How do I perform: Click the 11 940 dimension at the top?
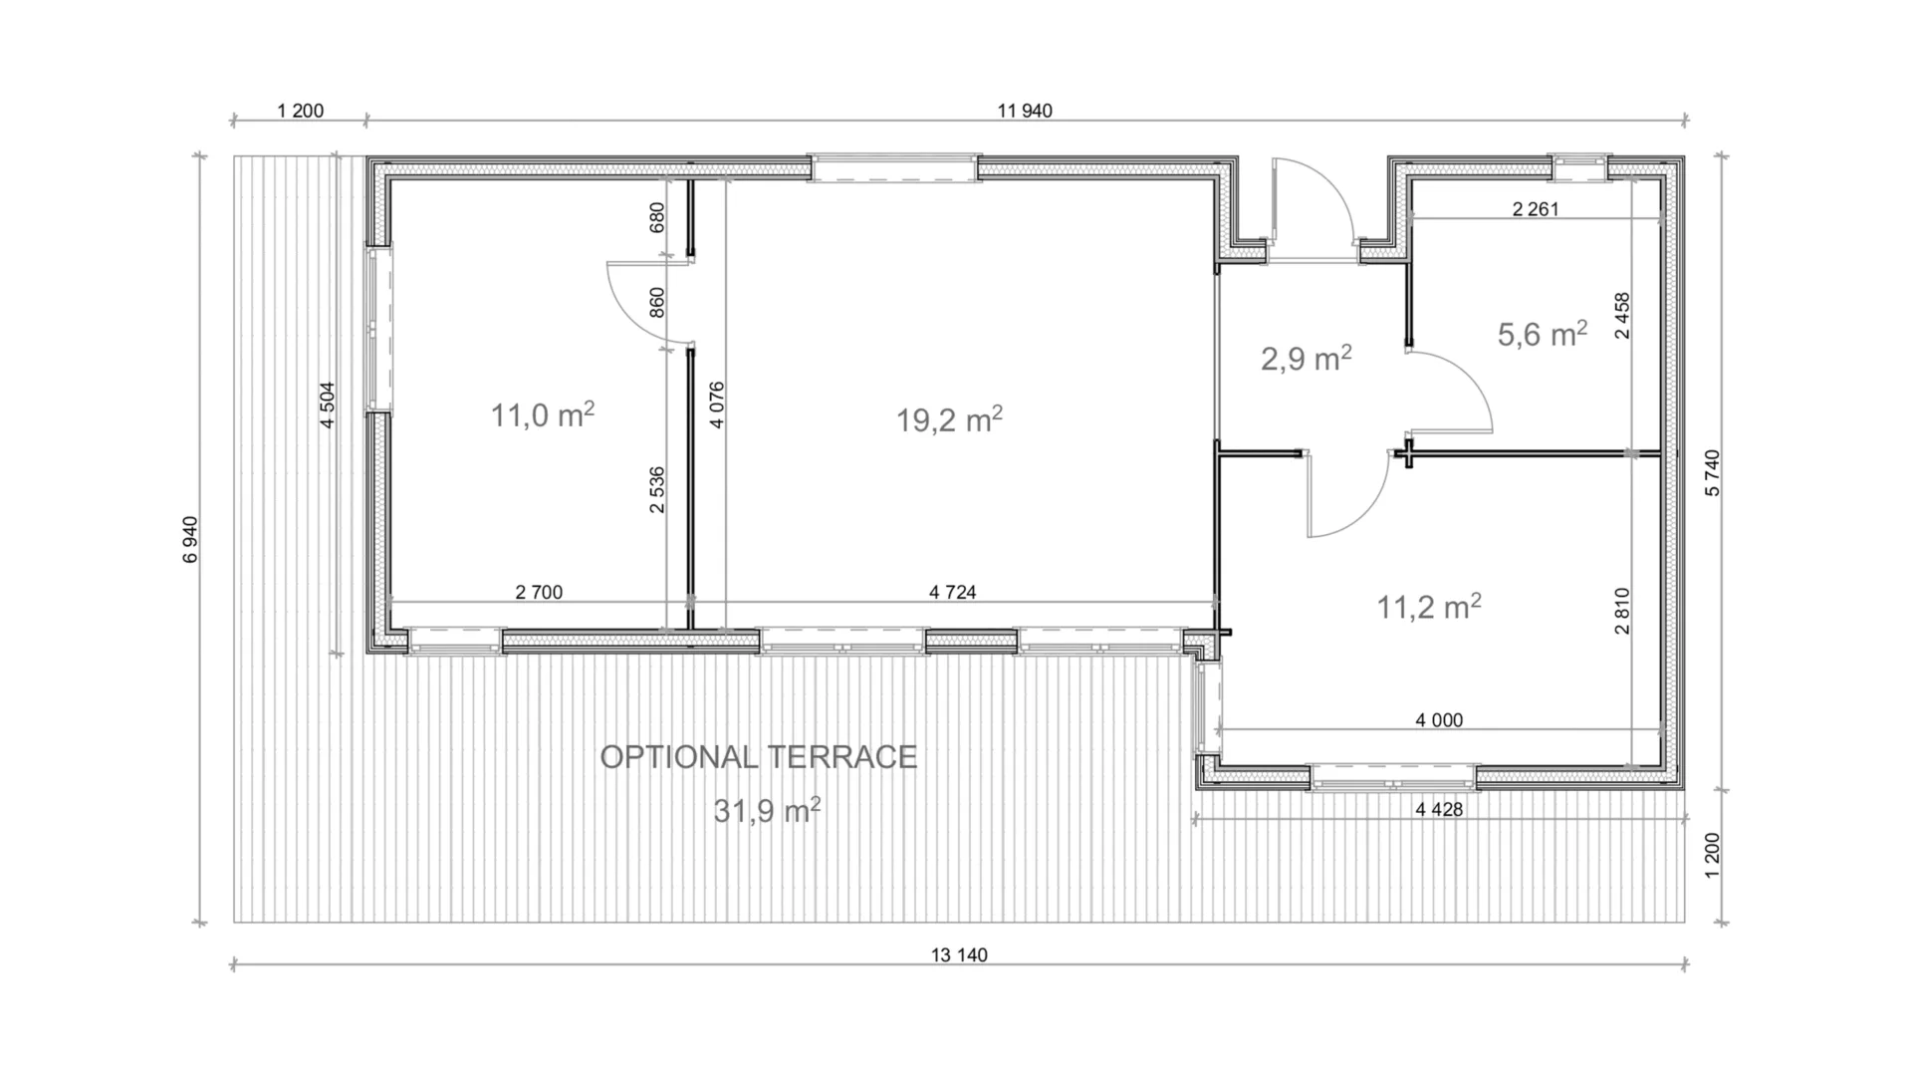[1024, 111]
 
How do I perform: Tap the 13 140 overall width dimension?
[959, 955]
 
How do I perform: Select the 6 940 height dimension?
[190, 539]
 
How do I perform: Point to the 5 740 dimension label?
[1712, 473]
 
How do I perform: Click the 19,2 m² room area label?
[949, 419]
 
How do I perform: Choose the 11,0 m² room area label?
[543, 414]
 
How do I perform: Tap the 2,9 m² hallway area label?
[1306, 358]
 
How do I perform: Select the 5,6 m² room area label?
[1543, 334]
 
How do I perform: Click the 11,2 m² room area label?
[1428, 606]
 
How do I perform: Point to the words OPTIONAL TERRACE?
[758, 757]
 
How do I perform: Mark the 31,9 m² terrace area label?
[767, 811]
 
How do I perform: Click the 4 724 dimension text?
[952, 593]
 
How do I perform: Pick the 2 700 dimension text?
[539, 593]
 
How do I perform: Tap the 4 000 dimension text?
[1439, 720]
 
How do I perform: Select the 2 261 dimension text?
[1535, 209]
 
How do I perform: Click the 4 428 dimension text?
[1439, 810]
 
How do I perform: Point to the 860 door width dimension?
[656, 303]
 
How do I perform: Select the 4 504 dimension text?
[328, 405]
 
